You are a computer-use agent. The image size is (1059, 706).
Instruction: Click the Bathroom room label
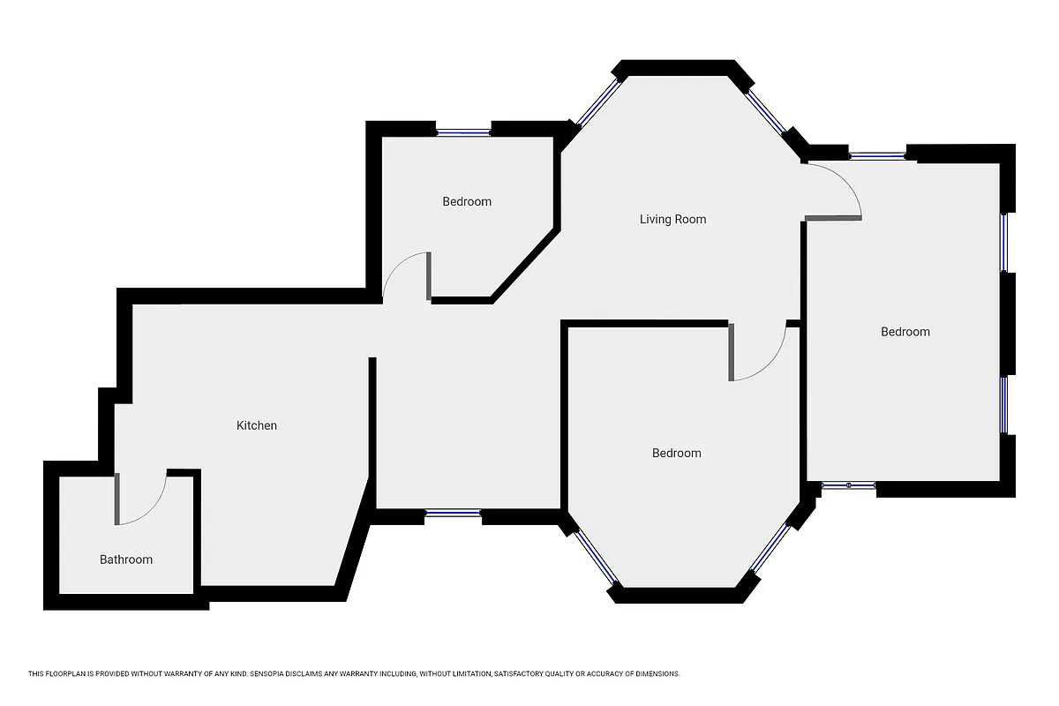click(x=125, y=560)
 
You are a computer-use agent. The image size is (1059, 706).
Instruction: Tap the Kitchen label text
click(x=257, y=425)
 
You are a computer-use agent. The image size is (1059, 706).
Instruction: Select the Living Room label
click(x=672, y=219)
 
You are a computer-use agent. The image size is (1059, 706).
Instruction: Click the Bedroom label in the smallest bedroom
click(x=467, y=201)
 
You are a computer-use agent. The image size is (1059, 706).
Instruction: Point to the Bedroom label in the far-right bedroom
click(x=905, y=332)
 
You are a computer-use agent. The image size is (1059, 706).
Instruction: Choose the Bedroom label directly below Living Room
click(x=676, y=453)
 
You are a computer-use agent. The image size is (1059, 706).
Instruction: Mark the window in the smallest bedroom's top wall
click(x=463, y=132)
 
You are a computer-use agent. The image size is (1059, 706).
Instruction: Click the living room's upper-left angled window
click(x=598, y=104)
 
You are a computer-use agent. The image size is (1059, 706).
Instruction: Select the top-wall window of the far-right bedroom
click(x=877, y=156)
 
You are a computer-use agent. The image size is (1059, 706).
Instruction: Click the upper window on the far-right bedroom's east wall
click(x=1004, y=243)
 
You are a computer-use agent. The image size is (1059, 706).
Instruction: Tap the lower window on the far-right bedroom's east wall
click(x=1004, y=405)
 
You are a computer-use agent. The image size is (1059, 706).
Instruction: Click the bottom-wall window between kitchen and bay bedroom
click(x=453, y=513)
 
